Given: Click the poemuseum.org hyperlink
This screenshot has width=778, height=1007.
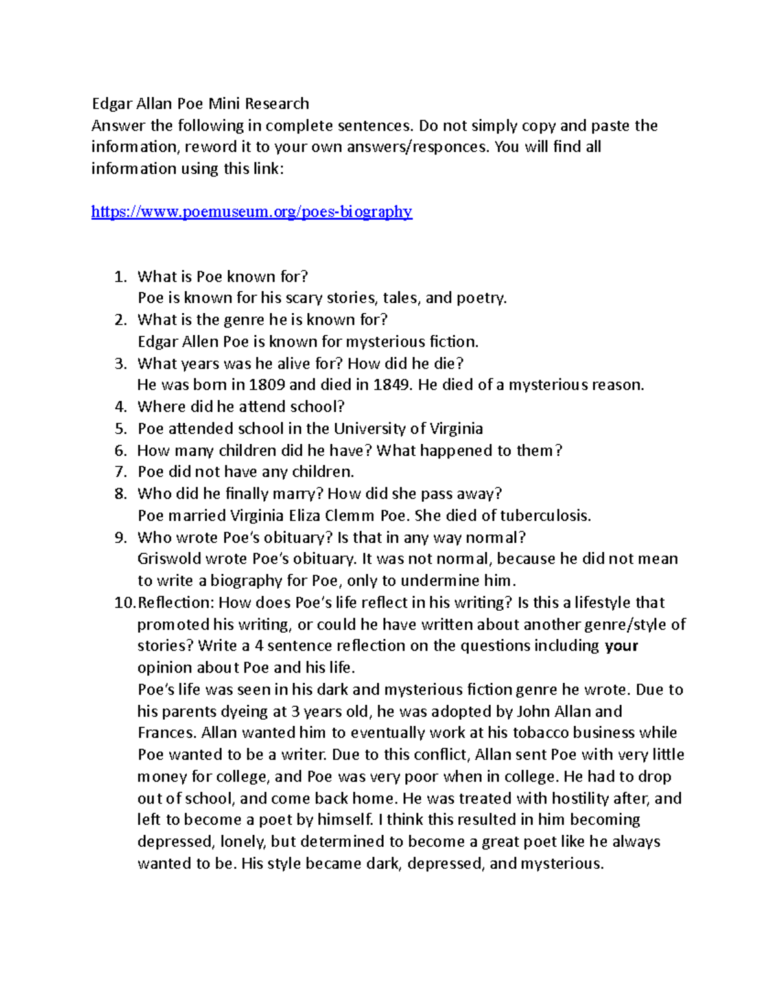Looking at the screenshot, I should click(252, 211).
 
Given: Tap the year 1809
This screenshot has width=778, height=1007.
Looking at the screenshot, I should click(266, 385).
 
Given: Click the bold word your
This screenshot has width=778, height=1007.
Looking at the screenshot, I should click(621, 646).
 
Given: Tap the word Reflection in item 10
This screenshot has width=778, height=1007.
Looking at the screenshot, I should click(175, 603).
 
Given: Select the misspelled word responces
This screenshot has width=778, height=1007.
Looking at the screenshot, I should click(447, 147).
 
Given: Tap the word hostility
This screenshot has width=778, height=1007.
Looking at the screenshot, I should click(607, 798).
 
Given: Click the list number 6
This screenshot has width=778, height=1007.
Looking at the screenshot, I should click(121, 451).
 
